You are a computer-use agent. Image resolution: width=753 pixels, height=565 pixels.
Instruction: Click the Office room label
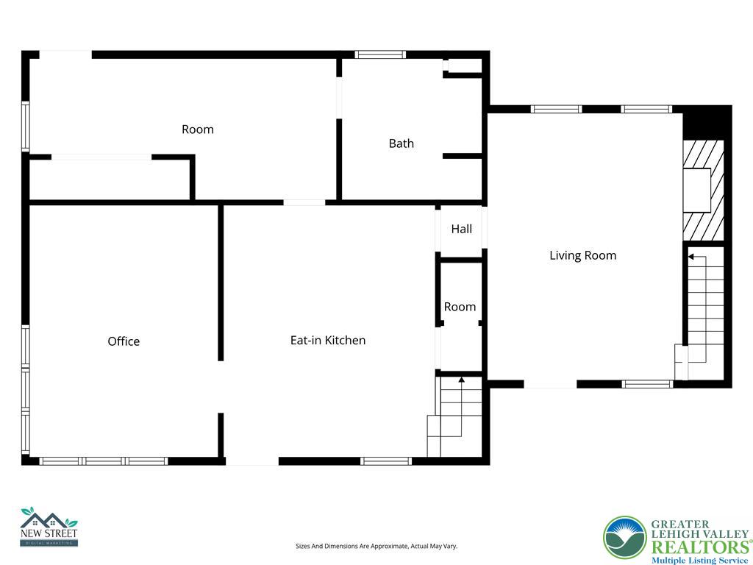124,341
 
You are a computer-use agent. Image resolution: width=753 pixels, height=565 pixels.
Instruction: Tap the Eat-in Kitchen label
328,340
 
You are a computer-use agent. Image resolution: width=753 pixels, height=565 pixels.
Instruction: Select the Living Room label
583,255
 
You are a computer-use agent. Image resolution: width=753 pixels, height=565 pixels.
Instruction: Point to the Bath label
402,143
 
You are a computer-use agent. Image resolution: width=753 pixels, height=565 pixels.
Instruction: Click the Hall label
462,229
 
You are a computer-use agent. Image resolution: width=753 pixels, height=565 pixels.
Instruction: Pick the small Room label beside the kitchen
460,307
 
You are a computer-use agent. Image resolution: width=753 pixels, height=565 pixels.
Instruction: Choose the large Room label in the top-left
198,129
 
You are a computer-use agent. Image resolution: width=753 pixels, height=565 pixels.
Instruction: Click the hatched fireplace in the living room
704,191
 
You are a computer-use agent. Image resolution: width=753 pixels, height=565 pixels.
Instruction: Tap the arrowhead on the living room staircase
691,257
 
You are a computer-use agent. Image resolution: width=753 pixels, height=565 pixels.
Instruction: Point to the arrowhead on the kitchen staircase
462,380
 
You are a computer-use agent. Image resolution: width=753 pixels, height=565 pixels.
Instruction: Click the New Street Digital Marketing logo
49,527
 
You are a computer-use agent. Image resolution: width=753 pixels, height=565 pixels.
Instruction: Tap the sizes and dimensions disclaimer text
376,546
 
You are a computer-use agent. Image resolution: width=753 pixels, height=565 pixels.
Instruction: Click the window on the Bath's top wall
380,54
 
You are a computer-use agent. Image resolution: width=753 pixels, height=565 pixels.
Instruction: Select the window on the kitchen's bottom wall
386,461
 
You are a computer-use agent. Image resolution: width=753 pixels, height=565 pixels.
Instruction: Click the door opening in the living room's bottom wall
550,384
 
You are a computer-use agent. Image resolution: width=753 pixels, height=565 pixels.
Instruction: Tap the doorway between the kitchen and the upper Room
304,202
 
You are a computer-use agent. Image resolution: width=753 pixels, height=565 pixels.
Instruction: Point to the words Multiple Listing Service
699,561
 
